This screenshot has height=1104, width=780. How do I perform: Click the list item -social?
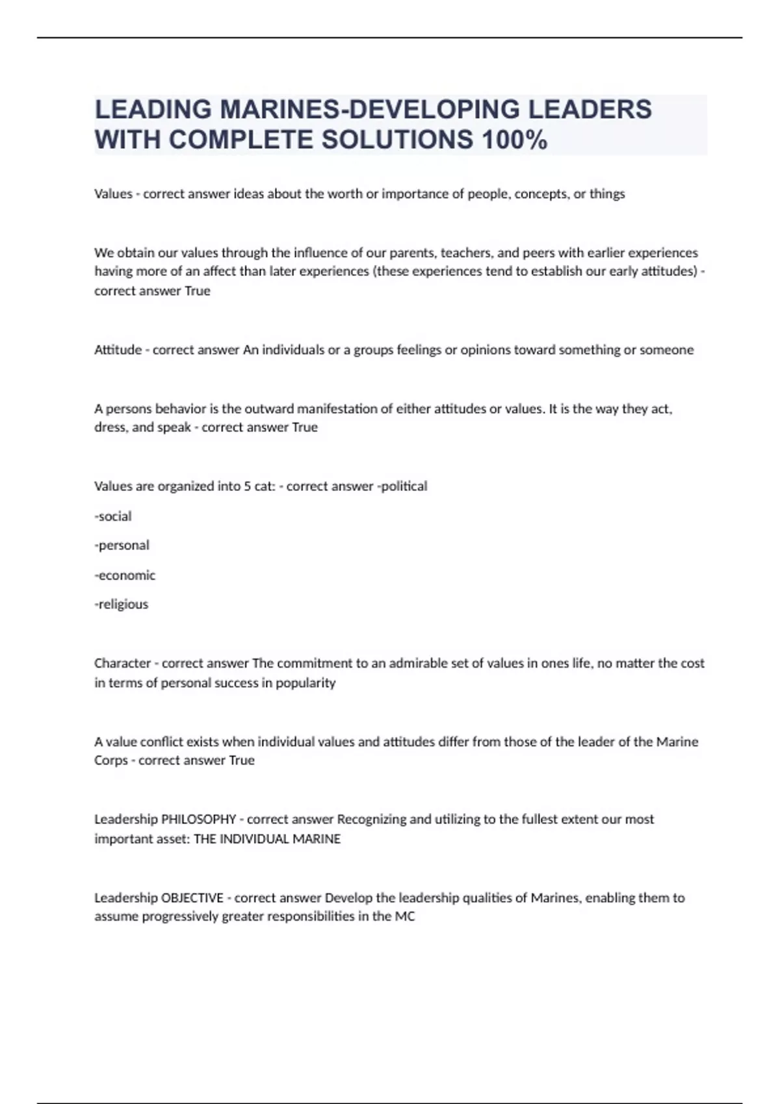(113, 516)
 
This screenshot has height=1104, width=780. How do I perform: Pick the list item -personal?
(122, 546)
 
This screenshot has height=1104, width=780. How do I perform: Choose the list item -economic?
(125, 575)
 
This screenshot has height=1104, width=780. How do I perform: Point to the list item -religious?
(122, 605)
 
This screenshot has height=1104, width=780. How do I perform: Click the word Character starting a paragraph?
(122, 664)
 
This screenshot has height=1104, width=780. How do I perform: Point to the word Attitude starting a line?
(118, 350)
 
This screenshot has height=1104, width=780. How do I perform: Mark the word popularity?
(305, 683)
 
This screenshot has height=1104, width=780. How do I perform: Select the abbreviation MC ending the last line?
(405, 917)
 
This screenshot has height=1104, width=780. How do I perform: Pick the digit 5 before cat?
(248, 486)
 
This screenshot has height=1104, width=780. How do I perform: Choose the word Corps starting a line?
(110, 760)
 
